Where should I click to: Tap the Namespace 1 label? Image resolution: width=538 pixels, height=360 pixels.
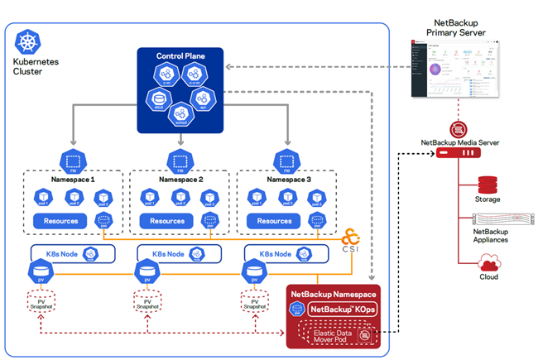70,179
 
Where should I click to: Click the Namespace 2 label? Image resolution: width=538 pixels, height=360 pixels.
175,179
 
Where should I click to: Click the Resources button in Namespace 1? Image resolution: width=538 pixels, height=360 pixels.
60,221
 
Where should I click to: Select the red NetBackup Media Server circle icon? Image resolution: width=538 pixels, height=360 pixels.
458,130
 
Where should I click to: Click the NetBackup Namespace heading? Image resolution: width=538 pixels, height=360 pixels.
333,293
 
